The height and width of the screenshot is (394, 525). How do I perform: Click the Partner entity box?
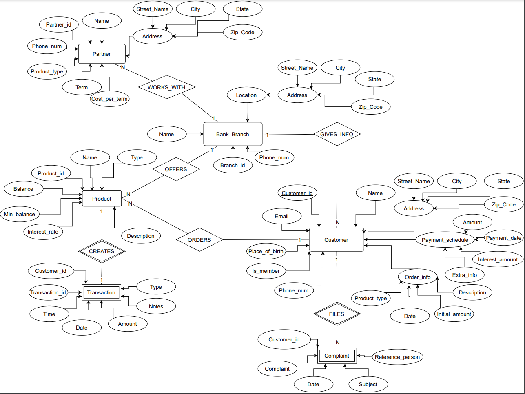pos(102,54)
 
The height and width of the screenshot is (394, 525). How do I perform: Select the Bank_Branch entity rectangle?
pos(233,134)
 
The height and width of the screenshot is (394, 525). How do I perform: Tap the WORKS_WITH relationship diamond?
pos(166,87)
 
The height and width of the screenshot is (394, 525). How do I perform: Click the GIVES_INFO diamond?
pos(337,134)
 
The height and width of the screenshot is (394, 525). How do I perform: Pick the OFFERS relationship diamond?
pos(176,169)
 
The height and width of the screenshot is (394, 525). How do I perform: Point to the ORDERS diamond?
pos(199,240)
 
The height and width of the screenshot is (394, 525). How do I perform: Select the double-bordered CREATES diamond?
pos(102,251)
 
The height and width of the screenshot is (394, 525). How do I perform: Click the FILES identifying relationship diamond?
pos(337,314)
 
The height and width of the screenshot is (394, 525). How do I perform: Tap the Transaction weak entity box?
pos(101,292)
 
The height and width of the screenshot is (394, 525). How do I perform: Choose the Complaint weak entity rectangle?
pos(337,356)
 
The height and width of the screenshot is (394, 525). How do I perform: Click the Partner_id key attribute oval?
pos(58,24)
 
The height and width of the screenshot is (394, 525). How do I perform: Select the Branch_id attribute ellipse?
pos(233,165)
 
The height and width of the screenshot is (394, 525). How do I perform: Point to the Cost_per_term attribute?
pos(109,99)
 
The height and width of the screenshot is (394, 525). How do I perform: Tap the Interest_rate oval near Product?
pos(43,232)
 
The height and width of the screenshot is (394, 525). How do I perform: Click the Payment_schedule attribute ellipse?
pos(445,240)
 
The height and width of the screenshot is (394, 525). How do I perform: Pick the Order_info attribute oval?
pos(417,277)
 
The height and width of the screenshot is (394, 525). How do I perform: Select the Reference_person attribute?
pos(397,357)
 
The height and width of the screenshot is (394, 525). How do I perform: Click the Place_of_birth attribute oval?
pos(266,251)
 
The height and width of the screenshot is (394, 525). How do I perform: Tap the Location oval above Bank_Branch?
pos(246,95)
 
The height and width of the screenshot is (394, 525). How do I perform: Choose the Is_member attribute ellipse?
pos(266,271)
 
